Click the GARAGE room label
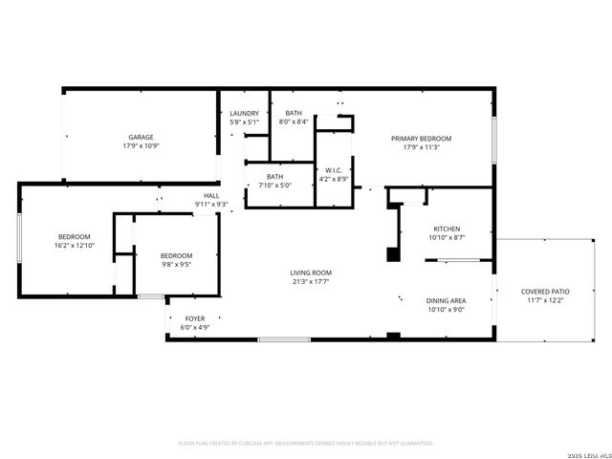pos(141,137)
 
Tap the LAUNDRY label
pos(245,114)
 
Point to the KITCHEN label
pos(448,229)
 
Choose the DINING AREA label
pos(446,300)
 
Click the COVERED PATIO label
pos(545,292)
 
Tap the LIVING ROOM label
pos(312,273)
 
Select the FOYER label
pos(194,318)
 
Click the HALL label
pos(211,195)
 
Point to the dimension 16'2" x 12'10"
pos(74,246)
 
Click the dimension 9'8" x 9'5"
pos(176,265)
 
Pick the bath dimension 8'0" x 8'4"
pos(293,122)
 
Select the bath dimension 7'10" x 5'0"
pos(274,186)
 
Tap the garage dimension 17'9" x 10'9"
pos(141,146)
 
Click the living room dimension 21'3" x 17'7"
pos(312,282)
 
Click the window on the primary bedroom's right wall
pos(494,139)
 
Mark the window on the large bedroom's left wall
pos(19,239)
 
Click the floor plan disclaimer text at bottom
pos(306,443)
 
